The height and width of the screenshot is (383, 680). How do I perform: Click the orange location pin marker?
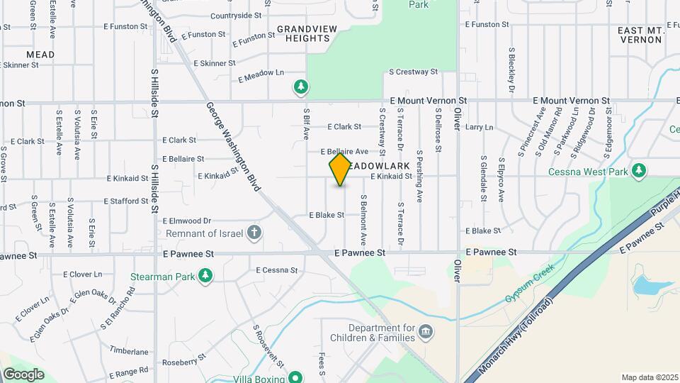click(x=340, y=170)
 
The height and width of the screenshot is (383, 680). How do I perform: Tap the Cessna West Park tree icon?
click(x=639, y=170)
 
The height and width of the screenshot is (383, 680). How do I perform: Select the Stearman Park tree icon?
click(x=205, y=275)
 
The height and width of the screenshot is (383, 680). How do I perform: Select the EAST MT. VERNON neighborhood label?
click(x=639, y=35)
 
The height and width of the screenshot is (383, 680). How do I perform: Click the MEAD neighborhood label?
click(x=40, y=54)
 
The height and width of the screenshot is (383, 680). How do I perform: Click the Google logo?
click(x=23, y=374)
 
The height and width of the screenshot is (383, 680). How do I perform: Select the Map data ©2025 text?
click(x=649, y=377)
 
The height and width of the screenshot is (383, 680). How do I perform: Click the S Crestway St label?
click(x=414, y=72)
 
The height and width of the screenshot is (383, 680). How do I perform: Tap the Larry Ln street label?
click(x=479, y=127)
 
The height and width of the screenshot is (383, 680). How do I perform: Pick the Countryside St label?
click(x=236, y=16)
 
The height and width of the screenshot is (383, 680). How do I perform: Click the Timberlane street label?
click(x=129, y=351)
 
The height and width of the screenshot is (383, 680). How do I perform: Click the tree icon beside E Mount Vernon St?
click(x=301, y=87)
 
